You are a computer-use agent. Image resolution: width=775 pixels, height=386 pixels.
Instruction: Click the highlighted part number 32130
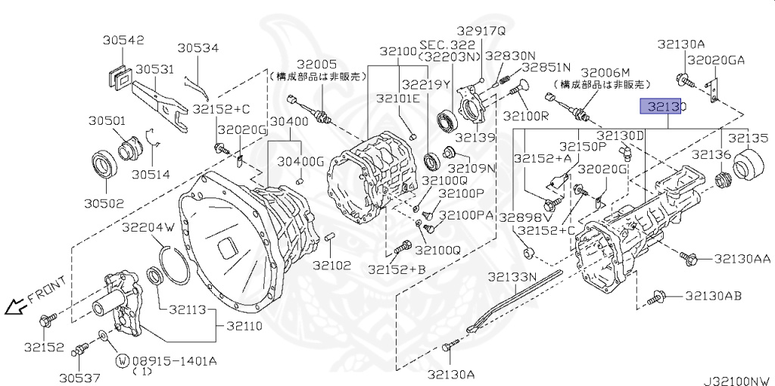coord(663,107)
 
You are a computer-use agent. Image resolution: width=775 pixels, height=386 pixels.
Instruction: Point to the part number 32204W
coord(148,227)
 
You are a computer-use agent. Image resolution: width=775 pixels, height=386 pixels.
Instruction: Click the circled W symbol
coord(121,360)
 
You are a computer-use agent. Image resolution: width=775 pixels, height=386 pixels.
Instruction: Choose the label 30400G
coord(300,161)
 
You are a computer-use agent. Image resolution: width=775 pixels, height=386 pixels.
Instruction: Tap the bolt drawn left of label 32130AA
coord(687,259)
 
